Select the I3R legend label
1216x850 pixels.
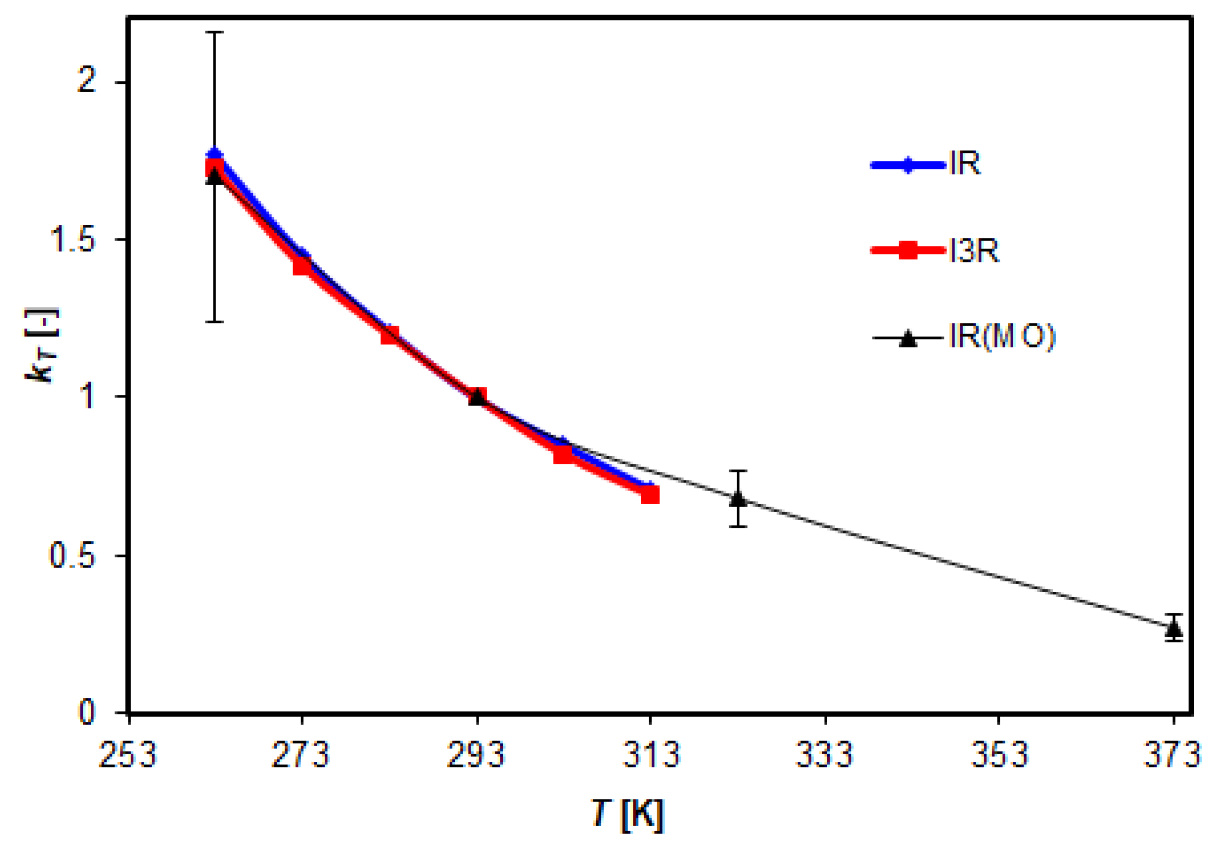point(974,251)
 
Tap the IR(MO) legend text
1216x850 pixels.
point(1002,337)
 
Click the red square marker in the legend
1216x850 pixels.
point(908,250)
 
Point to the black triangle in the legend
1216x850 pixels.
point(908,338)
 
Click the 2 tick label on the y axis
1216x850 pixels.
point(87,81)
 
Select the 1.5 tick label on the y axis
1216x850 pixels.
point(73,239)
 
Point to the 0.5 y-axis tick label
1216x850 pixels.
point(73,555)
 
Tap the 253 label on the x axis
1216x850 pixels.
point(127,754)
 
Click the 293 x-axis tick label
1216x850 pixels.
point(477,754)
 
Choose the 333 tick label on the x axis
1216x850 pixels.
point(824,754)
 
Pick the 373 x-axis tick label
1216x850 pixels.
point(1173,754)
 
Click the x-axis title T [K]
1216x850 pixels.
point(628,813)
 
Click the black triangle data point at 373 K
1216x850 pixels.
point(1174,627)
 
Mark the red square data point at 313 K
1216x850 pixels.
point(650,494)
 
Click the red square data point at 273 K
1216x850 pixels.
point(302,265)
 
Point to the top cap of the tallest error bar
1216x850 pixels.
point(215,32)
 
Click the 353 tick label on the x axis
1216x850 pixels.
point(999,754)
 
